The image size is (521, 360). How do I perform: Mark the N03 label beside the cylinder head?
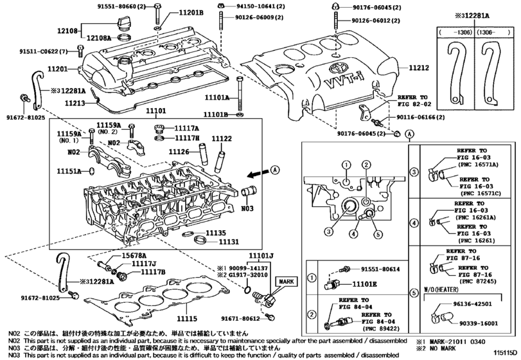248,209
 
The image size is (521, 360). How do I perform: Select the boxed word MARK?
286,282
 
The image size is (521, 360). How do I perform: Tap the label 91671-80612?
242,318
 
